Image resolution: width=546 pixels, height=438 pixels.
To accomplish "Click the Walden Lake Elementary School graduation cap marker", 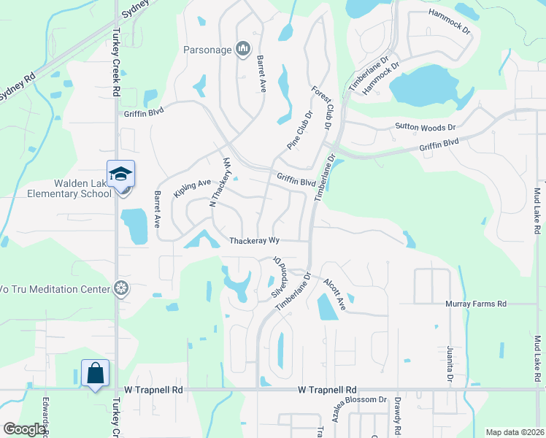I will (120, 174).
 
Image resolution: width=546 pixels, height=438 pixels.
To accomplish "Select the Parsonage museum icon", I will (243, 50).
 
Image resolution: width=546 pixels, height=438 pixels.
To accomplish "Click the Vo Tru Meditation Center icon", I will (122, 289).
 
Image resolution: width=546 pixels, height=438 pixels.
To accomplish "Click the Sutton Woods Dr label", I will (425, 126).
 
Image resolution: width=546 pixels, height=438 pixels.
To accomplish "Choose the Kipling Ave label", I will (191, 188).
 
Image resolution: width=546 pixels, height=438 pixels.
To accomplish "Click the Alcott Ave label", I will (335, 294).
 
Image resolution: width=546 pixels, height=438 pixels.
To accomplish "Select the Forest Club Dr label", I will (322, 108).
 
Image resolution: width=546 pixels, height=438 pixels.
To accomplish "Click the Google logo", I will (23, 429).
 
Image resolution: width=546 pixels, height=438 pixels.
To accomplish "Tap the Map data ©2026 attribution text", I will (515, 432).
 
